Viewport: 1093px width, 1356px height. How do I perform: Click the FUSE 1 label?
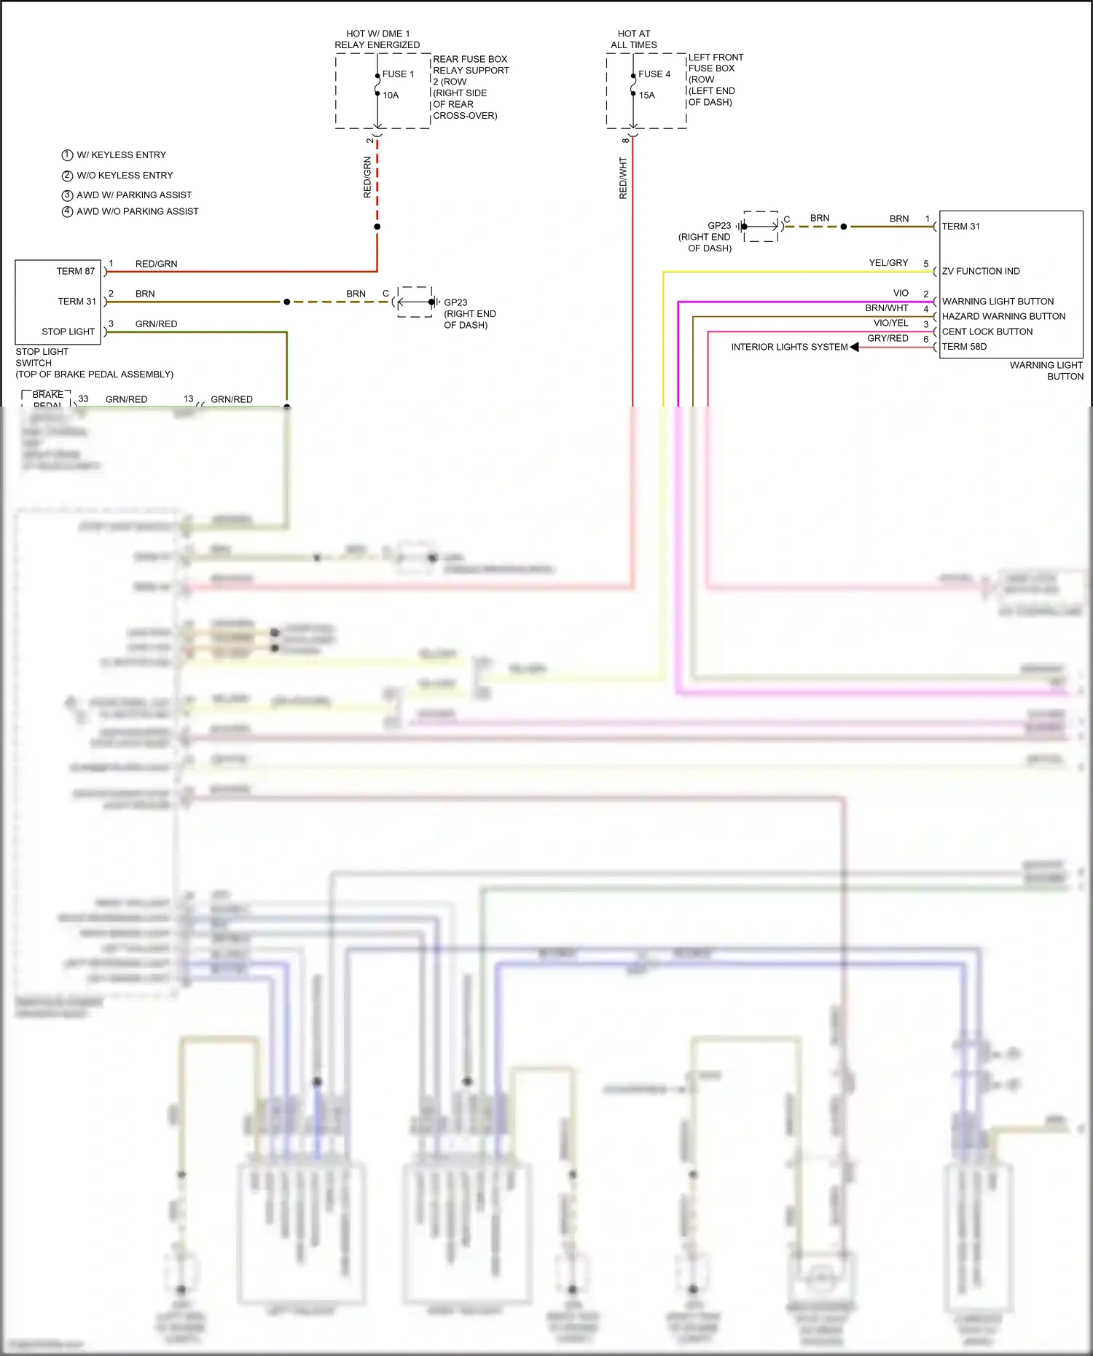[x=398, y=74]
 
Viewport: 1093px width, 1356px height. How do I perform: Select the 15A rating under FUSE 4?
[x=646, y=95]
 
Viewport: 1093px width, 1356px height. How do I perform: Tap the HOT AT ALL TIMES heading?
[x=633, y=39]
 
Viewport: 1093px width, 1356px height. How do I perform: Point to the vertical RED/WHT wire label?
[x=623, y=178]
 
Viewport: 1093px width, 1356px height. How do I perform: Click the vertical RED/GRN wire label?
[x=367, y=177]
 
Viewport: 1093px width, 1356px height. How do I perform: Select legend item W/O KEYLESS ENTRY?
[x=125, y=176]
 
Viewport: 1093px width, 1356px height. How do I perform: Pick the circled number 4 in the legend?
[x=67, y=211]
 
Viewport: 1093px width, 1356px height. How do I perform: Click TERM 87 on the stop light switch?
[x=76, y=271]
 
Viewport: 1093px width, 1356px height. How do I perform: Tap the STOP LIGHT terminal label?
[x=68, y=332]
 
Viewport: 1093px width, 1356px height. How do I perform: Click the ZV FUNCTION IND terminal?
[x=981, y=271]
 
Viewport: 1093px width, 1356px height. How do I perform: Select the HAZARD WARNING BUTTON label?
[x=1003, y=316]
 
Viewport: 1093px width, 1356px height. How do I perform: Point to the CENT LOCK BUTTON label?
[x=987, y=332]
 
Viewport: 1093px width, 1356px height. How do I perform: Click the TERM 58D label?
[x=964, y=347]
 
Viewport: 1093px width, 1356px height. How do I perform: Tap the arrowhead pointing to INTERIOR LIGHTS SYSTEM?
[x=854, y=347]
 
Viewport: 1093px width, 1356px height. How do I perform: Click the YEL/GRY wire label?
[x=888, y=263]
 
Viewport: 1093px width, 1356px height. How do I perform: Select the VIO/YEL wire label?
[x=890, y=323]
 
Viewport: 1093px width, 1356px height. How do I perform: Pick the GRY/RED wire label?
[x=888, y=338]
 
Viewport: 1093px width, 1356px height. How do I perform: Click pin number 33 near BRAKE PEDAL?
[x=83, y=399]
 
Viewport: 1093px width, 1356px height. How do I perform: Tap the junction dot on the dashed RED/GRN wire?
[x=377, y=227]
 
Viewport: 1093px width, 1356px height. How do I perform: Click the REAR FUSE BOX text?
[x=470, y=59]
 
